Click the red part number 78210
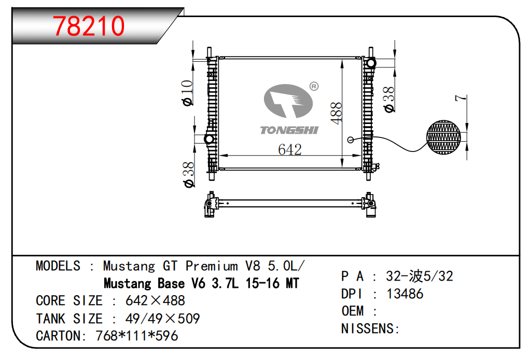[x=89, y=26]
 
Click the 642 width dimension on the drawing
[x=290, y=149]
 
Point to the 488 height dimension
[x=337, y=113]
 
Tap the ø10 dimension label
[x=187, y=93]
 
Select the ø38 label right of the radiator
[x=389, y=100]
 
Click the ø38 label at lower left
[x=189, y=175]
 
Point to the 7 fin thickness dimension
[x=461, y=98]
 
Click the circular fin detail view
[x=443, y=137]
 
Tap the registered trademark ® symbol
[x=314, y=87]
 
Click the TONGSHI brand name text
[x=289, y=130]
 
